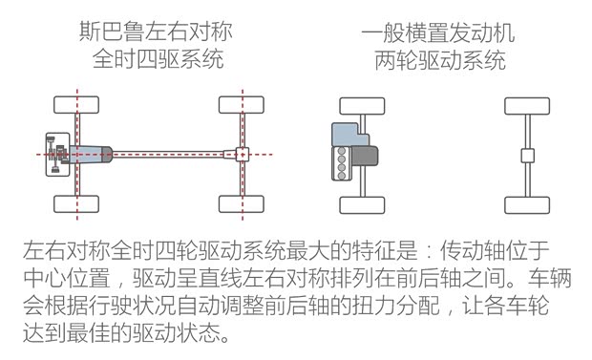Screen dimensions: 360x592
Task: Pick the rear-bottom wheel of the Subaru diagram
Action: tap(242, 203)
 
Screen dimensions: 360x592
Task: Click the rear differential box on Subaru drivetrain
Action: tap(242, 153)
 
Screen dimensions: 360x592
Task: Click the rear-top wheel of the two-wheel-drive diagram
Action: tap(524, 104)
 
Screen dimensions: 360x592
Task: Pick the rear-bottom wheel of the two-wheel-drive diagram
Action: tap(524, 203)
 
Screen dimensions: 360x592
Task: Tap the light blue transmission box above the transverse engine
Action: tap(346, 134)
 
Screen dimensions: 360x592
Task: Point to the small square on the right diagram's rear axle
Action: tap(524, 155)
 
